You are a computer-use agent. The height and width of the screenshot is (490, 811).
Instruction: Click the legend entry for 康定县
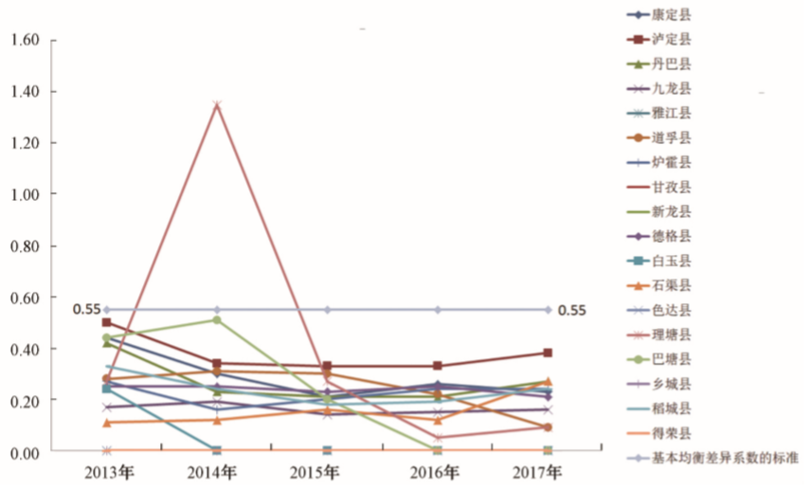coord(672,15)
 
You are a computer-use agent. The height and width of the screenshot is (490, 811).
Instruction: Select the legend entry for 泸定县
coord(672,40)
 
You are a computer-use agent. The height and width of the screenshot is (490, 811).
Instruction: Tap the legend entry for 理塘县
coord(672,335)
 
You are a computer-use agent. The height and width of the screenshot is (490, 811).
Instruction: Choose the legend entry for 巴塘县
coord(672,359)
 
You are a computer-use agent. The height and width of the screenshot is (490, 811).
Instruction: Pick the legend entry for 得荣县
coord(672,433)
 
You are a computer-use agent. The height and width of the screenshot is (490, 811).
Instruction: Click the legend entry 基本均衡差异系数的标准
coord(725,458)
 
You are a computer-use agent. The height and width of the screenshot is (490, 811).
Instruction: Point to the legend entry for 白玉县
coord(672,261)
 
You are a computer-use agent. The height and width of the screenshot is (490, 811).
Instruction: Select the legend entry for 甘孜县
coord(672,187)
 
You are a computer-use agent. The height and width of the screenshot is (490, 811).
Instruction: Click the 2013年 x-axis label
coord(107,471)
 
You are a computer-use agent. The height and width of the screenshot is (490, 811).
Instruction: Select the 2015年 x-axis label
coord(327,471)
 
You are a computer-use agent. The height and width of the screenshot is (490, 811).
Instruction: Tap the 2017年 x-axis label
coord(547,471)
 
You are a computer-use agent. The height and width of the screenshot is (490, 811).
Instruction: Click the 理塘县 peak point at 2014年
coord(217,104)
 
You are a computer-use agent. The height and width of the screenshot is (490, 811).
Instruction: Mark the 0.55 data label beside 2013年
coord(86,310)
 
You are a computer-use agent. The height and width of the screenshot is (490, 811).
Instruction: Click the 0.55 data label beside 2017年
coord(571,310)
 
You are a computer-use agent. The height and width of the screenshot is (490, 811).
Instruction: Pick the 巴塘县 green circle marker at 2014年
coord(217,320)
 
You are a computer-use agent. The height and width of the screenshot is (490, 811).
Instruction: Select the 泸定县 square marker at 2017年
coord(547,354)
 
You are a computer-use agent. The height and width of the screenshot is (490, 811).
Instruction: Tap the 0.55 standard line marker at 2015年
coord(327,310)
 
